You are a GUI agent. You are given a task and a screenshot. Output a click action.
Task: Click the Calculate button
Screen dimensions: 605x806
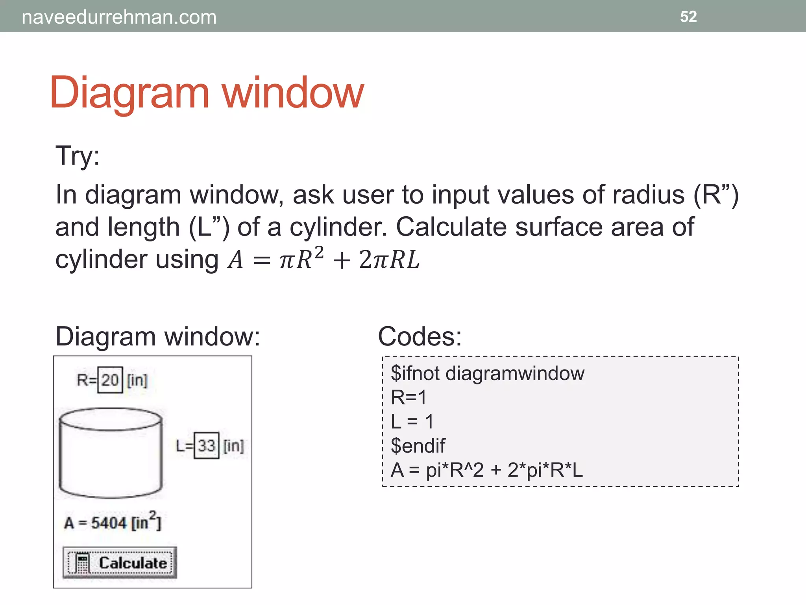tap(120, 563)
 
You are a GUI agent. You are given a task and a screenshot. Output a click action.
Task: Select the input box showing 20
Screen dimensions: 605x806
tap(110, 380)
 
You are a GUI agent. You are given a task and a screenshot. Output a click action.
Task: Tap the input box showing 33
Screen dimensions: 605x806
tap(206, 446)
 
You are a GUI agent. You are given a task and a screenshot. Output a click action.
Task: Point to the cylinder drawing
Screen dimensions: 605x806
tap(111, 453)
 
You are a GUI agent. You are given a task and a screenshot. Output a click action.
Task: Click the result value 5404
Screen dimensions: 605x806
tap(109, 523)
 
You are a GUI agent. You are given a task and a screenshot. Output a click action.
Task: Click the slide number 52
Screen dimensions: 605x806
tap(688, 17)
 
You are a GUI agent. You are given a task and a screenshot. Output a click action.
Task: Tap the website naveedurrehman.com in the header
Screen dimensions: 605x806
tap(119, 17)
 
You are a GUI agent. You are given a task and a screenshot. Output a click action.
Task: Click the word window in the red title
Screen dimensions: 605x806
tap(293, 93)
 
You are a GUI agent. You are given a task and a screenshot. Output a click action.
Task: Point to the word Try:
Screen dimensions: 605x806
tap(78, 156)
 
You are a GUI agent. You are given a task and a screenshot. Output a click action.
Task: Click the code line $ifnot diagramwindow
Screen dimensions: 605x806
tap(487, 373)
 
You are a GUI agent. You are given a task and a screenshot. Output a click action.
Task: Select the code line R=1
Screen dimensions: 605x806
tap(409, 397)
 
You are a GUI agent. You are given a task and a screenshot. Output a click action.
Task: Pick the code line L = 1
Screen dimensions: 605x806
tap(412, 421)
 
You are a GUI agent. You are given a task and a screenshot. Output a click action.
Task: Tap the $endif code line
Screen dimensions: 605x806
tap(418, 446)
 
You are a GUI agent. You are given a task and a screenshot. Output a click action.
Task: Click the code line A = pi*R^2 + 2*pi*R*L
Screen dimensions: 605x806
tap(486, 470)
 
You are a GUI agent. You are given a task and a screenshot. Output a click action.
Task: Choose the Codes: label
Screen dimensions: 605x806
tap(420, 337)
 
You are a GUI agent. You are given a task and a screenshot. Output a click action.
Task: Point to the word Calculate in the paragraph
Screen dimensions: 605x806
tap(451, 227)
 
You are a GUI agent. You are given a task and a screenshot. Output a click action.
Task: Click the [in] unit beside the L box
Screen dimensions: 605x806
tap(234, 446)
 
